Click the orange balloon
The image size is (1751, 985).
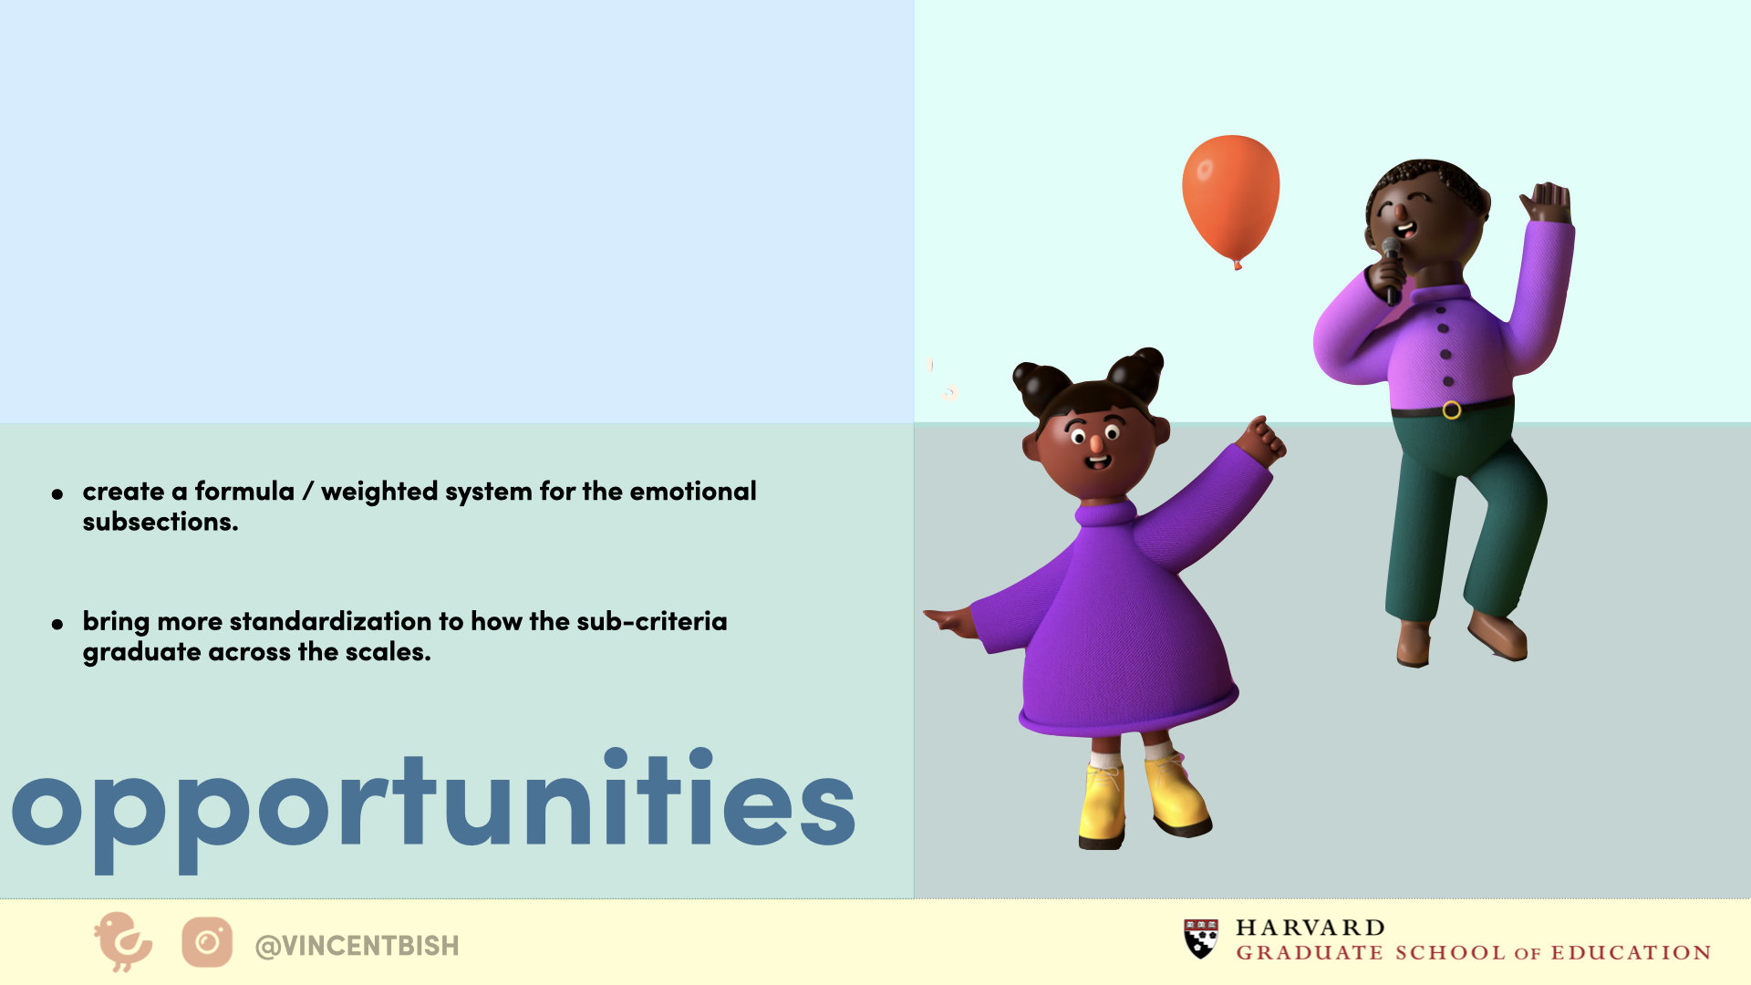(x=1230, y=201)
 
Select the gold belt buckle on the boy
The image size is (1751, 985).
(x=1452, y=410)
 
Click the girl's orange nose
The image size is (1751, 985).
(x=1095, y=444)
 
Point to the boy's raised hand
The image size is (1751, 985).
(x=1546, y=202)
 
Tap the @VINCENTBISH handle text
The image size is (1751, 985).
(x=357, y=946)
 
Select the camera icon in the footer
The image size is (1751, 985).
(x=207, y=942)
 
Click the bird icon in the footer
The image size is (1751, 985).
(x=122, y=941)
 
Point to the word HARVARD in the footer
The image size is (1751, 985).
(x=1311, y=928)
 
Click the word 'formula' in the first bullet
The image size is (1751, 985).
(x=244, y=492)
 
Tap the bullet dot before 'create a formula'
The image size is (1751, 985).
(x=57, y=494)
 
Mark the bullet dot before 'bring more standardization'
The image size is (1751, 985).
(x=57, y=625)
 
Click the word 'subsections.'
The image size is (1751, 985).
(x=161, y=522)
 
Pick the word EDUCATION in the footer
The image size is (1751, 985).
(x=1632, y=953)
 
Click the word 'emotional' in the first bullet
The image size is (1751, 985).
(x=693, y=492)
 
